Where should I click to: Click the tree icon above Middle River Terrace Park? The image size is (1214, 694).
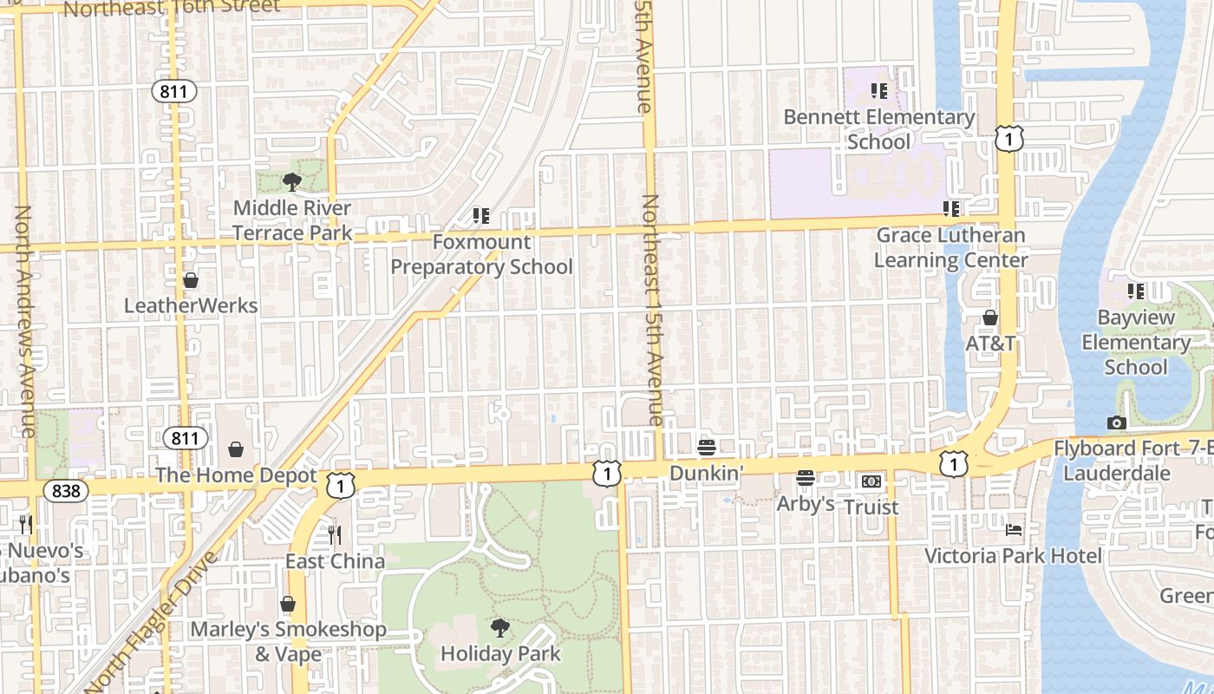(292, 181)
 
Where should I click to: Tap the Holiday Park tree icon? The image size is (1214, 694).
(499, 627)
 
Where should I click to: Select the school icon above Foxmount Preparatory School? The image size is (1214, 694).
(480, 215)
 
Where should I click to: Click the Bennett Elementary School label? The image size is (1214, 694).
(878, 129)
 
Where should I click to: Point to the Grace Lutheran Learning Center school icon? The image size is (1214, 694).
(951, 208)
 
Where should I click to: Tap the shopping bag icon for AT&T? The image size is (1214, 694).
(990, 318)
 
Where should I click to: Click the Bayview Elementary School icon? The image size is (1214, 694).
(1135, 291)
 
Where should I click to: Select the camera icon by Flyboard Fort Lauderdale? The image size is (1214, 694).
(1117, 422)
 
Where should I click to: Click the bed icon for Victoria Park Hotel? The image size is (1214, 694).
(1013, 529)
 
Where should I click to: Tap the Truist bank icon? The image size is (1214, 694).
(871, 481)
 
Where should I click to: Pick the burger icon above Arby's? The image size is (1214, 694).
(806, 478)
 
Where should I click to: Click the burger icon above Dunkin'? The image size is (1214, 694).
(707, 448)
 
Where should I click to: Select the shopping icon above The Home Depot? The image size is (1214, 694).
(236, 448)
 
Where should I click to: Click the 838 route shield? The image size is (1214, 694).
(65, 491)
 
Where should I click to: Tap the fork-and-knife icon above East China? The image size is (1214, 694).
(335, 534)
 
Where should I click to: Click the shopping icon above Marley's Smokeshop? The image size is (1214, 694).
(288, 603)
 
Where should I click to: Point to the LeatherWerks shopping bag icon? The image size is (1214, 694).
(191, 279)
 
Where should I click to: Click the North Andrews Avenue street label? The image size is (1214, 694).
(24, 321)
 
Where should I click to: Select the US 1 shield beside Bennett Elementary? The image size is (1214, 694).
(1008, 139)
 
